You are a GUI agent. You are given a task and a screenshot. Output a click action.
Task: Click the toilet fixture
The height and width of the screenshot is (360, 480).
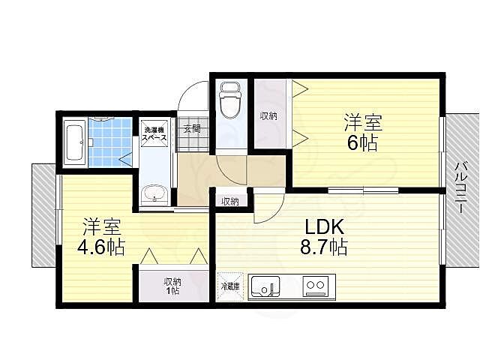[230, 100]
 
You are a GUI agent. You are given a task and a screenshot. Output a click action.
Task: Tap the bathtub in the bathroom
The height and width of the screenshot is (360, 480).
[75, 142]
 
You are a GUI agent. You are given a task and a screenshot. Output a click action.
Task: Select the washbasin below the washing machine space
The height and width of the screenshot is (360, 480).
[155, 195]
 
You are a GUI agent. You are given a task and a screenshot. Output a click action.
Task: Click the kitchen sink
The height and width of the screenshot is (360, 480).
[265, 288]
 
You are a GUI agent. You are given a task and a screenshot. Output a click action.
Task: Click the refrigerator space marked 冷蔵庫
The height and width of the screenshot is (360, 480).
[230, 286]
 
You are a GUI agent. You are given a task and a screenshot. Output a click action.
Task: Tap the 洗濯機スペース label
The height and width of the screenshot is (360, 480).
[154, 134]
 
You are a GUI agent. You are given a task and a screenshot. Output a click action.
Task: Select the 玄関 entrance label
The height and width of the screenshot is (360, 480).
[192, 129]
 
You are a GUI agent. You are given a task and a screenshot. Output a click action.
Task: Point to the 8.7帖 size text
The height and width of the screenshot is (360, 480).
[323, 247]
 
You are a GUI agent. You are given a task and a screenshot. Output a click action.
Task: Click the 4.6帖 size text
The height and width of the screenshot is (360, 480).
[101, 247]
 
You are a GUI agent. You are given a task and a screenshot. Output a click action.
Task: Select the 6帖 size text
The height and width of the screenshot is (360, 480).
[362, 142]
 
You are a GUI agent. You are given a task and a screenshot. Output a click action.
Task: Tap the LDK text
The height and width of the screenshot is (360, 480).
[325, 226]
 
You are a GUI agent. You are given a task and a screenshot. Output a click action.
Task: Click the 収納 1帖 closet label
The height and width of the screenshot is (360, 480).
[173, 286]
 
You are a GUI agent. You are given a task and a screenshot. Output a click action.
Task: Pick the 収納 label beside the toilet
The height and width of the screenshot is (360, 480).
[268, 116]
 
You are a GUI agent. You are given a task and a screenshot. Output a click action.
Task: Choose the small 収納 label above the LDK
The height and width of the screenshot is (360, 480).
[230, 202]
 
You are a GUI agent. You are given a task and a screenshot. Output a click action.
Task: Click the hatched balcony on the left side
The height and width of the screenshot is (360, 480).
[43, 215]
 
